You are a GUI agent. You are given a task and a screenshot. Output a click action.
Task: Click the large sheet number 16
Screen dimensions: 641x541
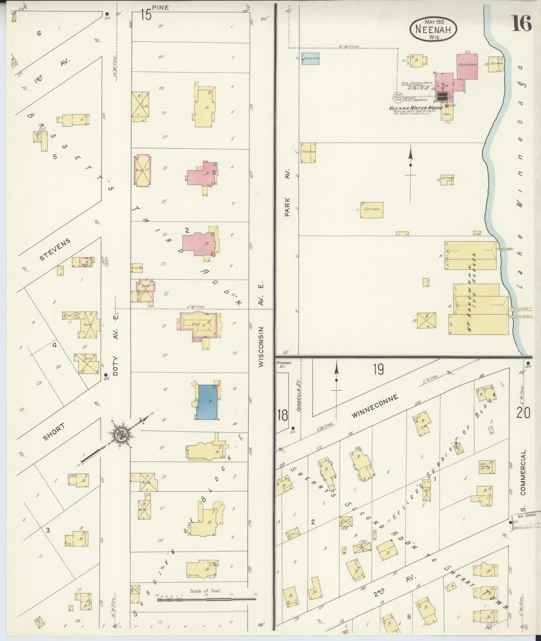click(522, 23)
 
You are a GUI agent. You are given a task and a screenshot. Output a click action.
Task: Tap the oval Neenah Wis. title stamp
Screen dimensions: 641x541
click(433, 29)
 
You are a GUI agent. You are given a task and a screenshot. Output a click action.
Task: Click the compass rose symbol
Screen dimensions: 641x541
click(120, 435)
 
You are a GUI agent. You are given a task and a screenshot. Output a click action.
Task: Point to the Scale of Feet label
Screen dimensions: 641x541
click(206, 591)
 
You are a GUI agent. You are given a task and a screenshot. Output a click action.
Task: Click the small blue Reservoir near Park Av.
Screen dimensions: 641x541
click(310, 58)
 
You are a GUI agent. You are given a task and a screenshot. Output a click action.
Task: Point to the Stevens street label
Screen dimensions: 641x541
click(55, 249)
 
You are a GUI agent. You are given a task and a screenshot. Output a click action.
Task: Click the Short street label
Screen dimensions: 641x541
click(54, 433)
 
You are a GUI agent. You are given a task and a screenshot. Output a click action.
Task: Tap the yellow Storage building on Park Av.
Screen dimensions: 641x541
click(308, 152)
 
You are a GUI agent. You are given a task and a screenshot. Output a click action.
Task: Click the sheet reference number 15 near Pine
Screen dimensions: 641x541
click(146, 15)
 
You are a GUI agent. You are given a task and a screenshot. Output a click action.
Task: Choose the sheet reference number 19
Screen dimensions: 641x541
click(378, 369)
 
